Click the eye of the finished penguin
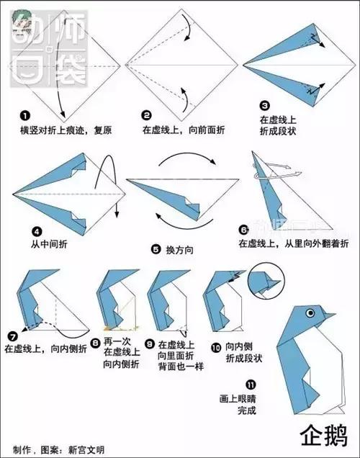311,313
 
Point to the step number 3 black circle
265,105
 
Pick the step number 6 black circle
244,230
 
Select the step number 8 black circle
96,342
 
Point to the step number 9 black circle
150,345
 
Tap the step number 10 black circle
216,346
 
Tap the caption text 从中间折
50,244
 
